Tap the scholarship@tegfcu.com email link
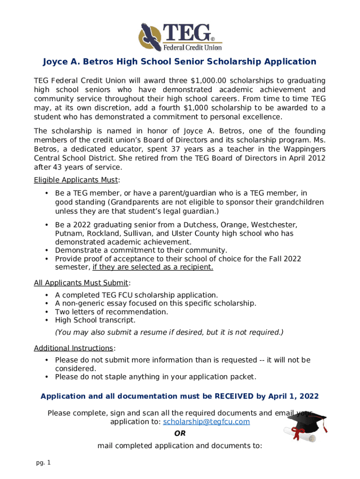[206, 421]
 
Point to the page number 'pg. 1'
[43, 463]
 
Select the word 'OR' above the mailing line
[180, 434]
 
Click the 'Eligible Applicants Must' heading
[76, 180]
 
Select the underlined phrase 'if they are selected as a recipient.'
[153, 267]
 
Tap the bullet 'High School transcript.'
[95, 320]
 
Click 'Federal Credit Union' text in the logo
[192, 47]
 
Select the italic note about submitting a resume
[169, 333]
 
